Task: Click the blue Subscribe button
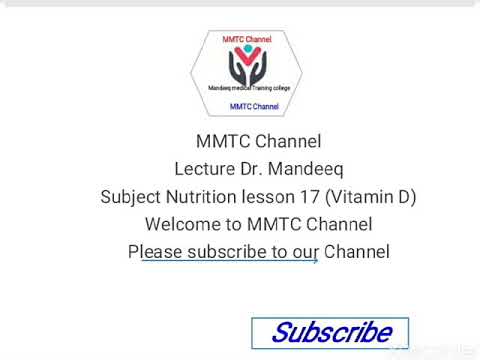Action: (330, 332)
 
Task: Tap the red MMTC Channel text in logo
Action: (246, 39)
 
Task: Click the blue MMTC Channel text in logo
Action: (254, 106)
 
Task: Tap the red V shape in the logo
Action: (246, 60)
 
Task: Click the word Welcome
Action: (182, 224)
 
